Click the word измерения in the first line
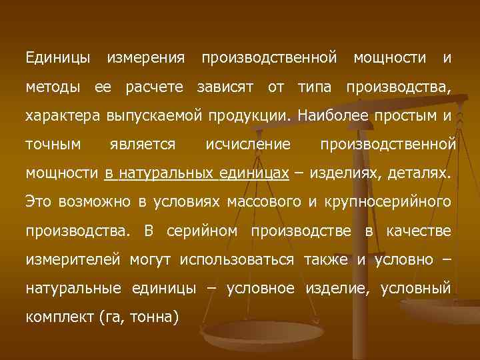click(146, 59)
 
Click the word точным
click(53, 145)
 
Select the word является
click(143, 145)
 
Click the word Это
click(37, 202)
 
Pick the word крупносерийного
click(387, 202)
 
